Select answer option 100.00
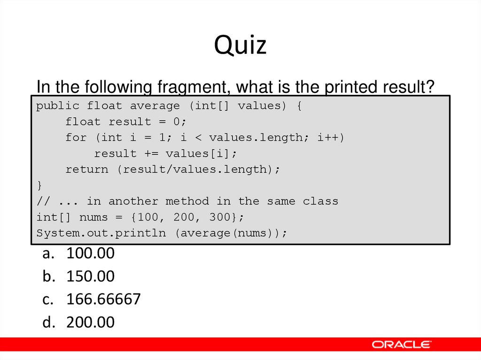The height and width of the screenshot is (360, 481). pyautogui.click(x=90, y=253)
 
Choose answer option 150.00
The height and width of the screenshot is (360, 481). pyautogui.click(x=90, y=276)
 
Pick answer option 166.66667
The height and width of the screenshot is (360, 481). pyautogui.click(x=103, y=299)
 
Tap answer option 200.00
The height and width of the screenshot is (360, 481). pyautogui.click(x=90, y=322)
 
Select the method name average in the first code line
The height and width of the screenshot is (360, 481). pyautogui.click(x=155, y=106)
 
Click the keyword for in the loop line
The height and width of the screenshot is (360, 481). pyautogui.click(x=76, y=138)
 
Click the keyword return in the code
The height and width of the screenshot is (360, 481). pyautogui.click(x=87, y=169)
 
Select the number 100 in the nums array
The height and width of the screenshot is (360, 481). pyautogui.click(x=151, y=217)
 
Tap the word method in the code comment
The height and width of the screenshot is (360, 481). pyautogui.click(x=187, y=201)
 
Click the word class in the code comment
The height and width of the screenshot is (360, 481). pyautogui.click(x=320, y=201)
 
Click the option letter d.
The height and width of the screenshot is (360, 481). pyautogui.click(x=47, y=322)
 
